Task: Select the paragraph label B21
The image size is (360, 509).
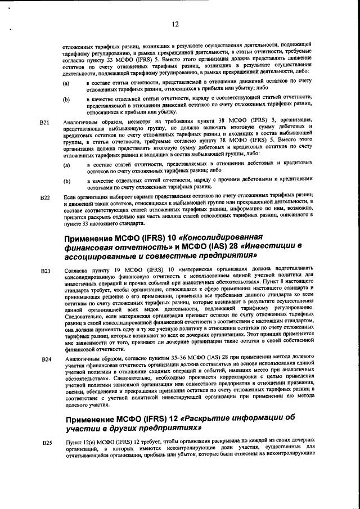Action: (46, 121)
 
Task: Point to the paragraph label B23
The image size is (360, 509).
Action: (46, 272)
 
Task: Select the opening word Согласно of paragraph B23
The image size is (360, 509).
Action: (76, 271)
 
